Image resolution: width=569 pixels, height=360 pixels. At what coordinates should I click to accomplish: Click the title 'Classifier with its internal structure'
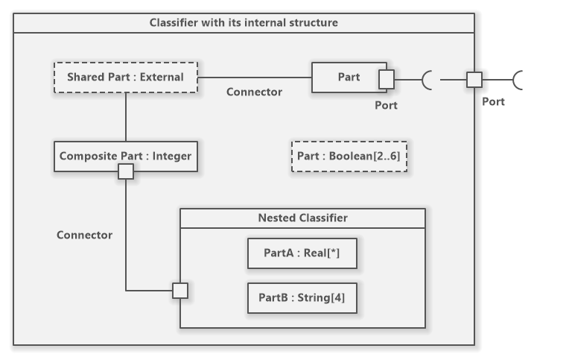[244, 22]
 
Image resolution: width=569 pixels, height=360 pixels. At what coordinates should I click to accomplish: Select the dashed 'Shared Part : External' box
[125, 77]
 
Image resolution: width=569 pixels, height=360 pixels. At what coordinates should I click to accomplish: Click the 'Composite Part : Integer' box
[125, 156]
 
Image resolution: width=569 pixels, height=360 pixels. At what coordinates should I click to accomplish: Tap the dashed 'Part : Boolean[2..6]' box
[349, 157]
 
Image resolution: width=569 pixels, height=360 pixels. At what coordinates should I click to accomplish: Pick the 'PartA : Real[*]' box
[302, 253]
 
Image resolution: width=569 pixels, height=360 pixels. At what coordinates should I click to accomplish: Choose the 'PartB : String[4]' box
[302, 298]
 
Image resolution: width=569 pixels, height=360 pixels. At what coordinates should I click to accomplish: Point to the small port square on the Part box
[387, 78]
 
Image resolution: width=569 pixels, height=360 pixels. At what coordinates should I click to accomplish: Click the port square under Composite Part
[126, 171]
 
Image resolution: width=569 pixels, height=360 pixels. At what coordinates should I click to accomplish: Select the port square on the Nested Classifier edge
[180, 291]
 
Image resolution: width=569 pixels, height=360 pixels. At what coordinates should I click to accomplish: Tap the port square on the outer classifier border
[474, 78]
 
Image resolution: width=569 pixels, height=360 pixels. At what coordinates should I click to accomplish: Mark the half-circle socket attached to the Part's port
[427, 78]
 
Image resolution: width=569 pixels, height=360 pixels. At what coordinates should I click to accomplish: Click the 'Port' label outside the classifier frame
[493, 101]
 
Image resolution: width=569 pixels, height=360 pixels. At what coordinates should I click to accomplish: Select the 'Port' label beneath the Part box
[386, 105]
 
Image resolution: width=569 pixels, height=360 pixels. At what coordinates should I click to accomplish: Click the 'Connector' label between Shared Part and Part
[254, 92]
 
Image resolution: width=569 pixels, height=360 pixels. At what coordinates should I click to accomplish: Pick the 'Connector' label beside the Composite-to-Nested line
[84, 235]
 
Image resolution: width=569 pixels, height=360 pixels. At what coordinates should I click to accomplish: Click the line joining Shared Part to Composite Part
[126, 116]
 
